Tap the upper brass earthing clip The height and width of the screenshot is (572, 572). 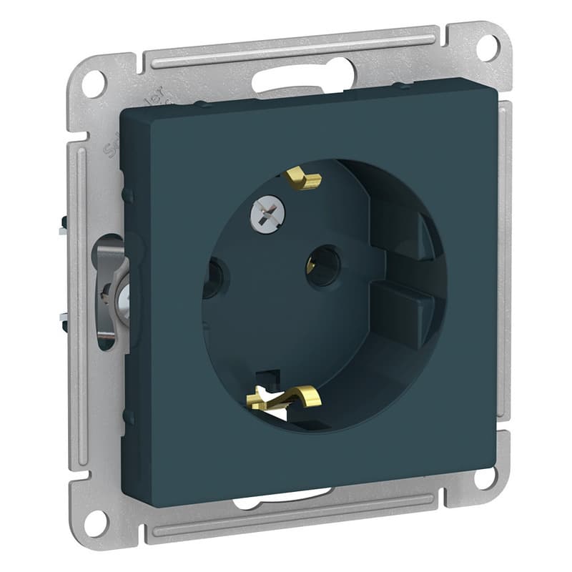click(303, 179)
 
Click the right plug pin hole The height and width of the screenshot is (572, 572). click(323, 264)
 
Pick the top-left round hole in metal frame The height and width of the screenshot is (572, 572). click(94, 84)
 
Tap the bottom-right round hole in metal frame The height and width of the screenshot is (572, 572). click(485, 477)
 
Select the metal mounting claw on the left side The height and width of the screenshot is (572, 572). click(111, 293)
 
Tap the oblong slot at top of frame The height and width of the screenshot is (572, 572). click(302, 76)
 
